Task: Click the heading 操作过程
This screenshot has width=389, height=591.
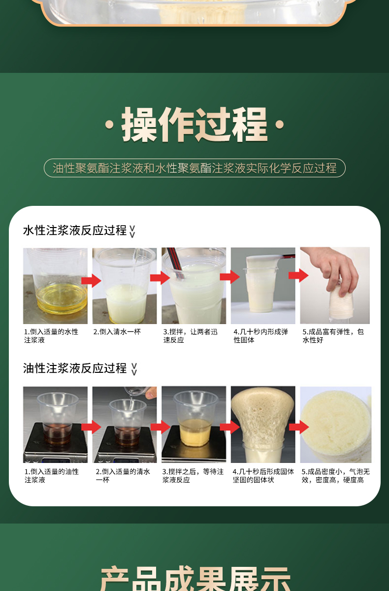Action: click(194, 125)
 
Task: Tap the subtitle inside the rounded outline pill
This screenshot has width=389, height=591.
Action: click(194, 168)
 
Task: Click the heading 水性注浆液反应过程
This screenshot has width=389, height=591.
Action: click(75, 230)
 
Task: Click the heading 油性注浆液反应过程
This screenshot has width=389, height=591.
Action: click(75, 368)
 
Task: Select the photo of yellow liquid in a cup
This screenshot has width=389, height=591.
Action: click(55, 286)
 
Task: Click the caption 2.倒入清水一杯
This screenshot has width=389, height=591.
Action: click(117, 331)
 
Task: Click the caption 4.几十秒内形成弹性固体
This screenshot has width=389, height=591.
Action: click(260, 335)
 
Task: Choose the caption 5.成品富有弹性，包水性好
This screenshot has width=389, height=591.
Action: click(333, 335)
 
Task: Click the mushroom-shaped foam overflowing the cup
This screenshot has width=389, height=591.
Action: click(263, 416)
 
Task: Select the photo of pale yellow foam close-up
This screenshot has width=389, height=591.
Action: click(336, 425)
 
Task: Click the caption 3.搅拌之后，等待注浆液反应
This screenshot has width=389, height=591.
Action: click(193, 475)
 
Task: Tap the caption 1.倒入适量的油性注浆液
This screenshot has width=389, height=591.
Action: click(52, 475)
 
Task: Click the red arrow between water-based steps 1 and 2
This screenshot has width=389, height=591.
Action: click(91, 280)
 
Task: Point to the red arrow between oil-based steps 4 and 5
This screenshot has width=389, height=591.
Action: click(299, 427)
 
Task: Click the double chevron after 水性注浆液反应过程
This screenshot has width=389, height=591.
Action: click(132, 231)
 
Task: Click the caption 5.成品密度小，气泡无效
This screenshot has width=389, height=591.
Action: click(336, 475)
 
